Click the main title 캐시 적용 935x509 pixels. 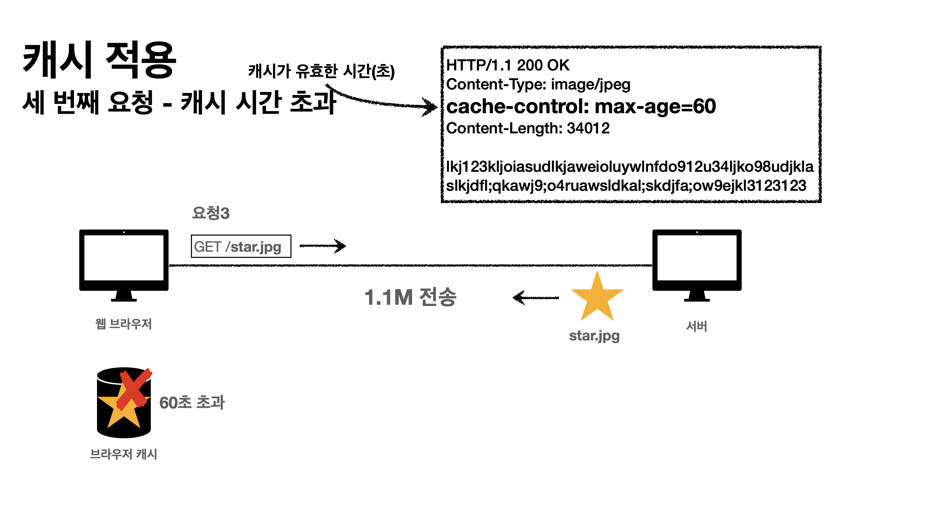[99, 60]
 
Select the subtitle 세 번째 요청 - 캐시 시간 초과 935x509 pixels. [179, 102]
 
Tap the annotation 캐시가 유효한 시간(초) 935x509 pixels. [321, 71]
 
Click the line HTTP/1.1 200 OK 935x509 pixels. [507, 65]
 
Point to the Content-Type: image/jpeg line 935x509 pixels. [538, 84]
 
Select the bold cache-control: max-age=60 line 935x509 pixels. [581, 106]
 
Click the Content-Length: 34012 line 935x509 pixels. [528, 128]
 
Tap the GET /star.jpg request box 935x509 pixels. [241, 246]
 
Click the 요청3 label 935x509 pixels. [211, 213]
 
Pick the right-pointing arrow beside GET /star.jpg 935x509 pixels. [323, 246]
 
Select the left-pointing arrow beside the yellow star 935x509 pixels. [535, 298]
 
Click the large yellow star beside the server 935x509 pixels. [597, 298]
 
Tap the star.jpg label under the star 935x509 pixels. [594, 336]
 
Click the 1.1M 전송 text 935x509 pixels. [410, 297]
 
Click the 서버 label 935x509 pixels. [696, 326]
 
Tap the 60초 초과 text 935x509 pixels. [192, 403]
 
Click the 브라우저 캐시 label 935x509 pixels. [124, 454]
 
